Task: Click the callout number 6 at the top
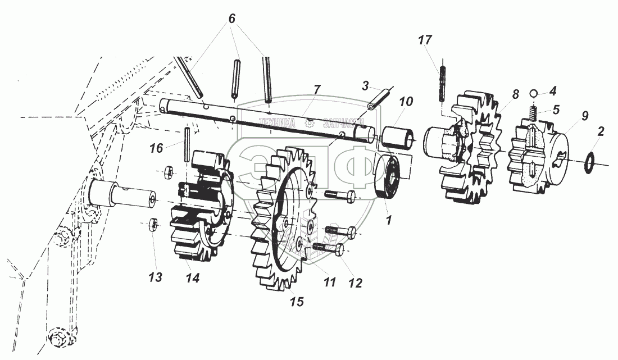[231, 18]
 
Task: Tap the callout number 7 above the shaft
[317, 89]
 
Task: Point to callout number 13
[156, 277]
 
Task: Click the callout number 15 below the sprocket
[296, 302]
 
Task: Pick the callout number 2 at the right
[601, 133]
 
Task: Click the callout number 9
[585, 117]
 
